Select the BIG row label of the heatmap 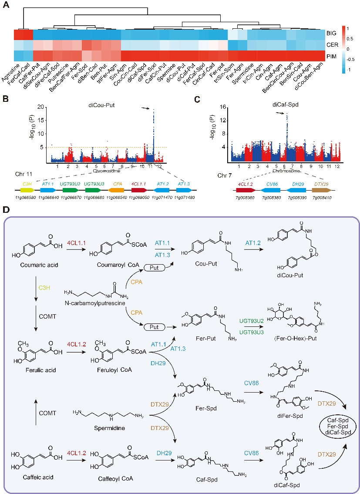pos(332,33)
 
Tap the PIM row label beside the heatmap pos(332,55)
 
